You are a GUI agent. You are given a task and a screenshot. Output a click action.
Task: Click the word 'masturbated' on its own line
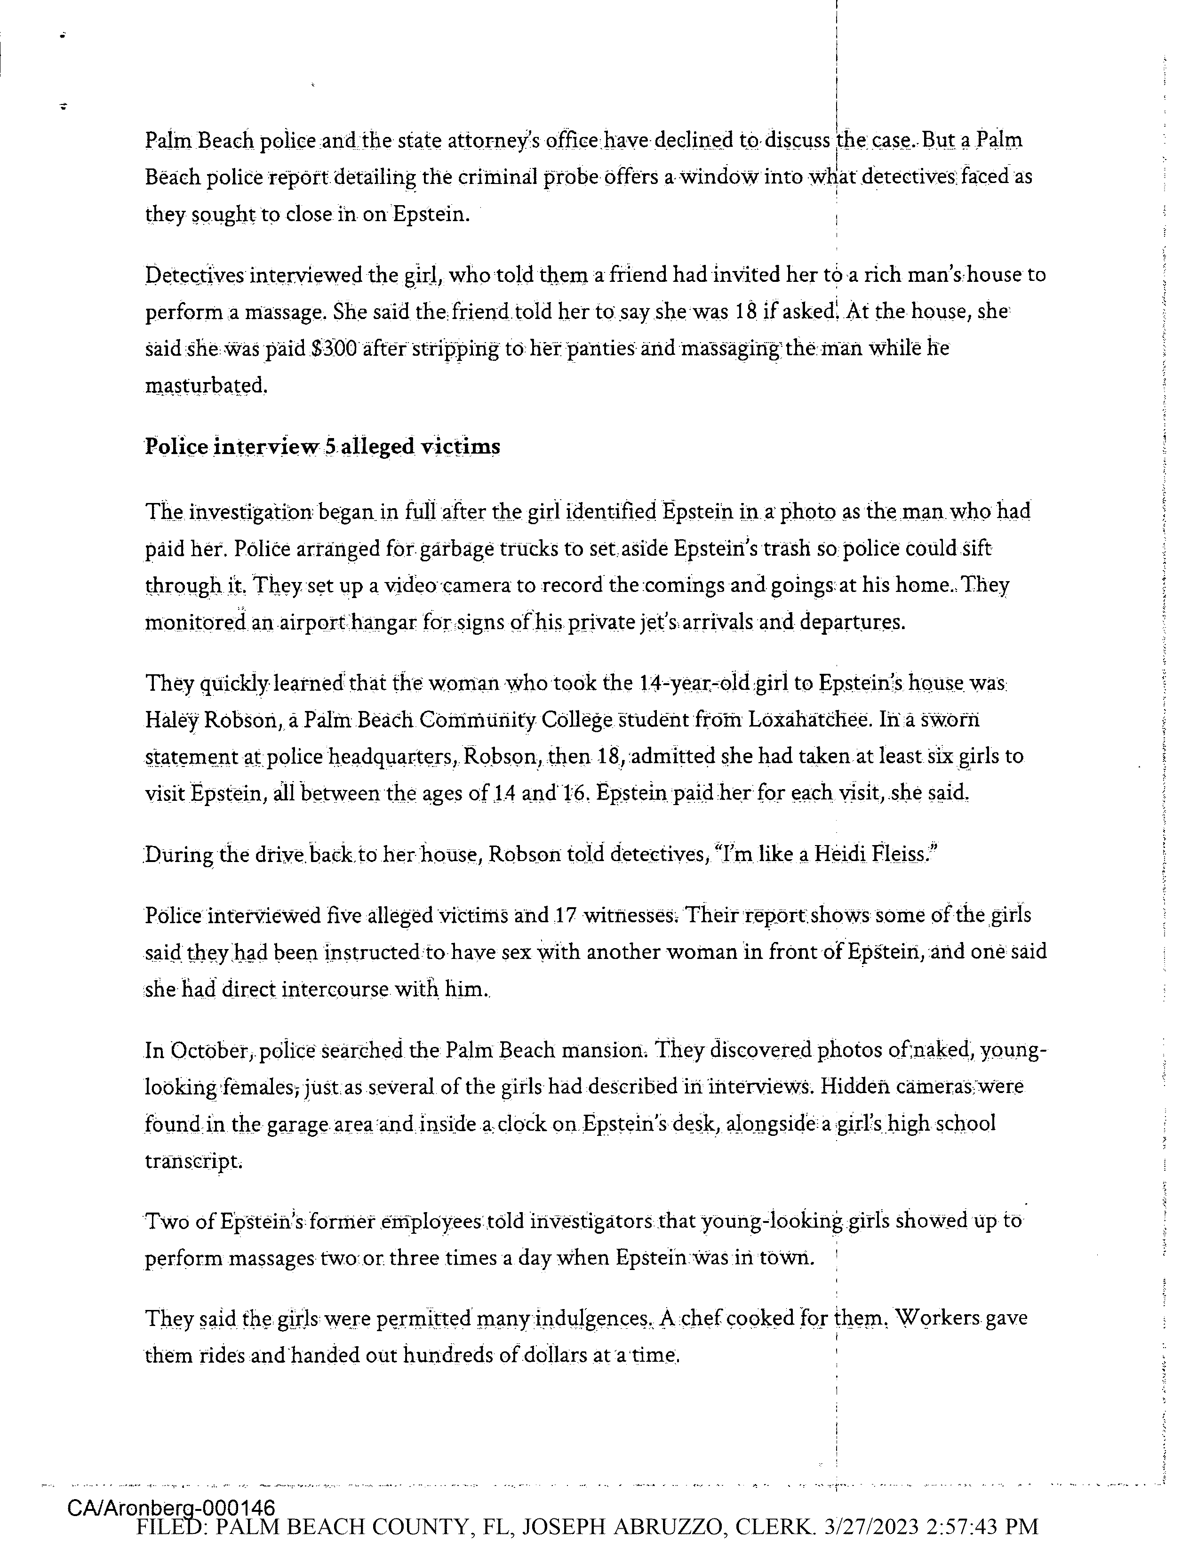click(x=206, y=386)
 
